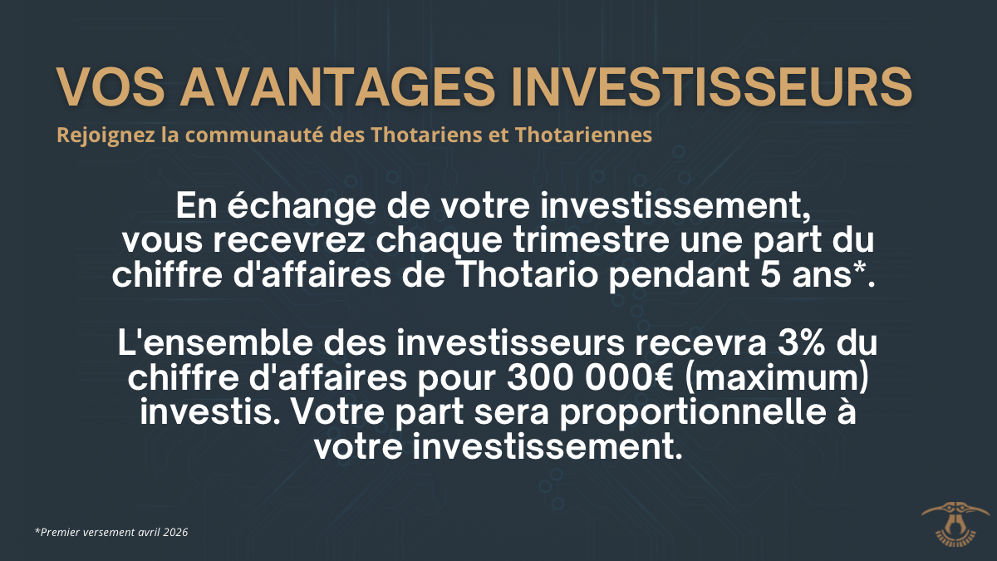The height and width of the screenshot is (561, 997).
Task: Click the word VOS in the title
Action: pos(111,87)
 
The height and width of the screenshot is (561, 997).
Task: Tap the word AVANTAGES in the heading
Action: pos(337,87)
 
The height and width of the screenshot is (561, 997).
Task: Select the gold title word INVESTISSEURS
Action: pos(712,87)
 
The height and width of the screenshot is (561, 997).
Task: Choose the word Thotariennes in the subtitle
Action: pos(583,135)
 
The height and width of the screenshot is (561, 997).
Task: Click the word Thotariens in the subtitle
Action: pos(427,135)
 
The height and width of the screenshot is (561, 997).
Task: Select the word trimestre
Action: pos(591,240)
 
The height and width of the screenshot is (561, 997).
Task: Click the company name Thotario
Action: pos(528,275)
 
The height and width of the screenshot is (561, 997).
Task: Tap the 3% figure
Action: pos(801,342)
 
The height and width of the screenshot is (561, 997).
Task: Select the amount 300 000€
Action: pos(590,377)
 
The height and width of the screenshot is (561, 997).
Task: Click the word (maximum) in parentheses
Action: pos(776,378)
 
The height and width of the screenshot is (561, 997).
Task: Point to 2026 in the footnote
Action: pos(175,533)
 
